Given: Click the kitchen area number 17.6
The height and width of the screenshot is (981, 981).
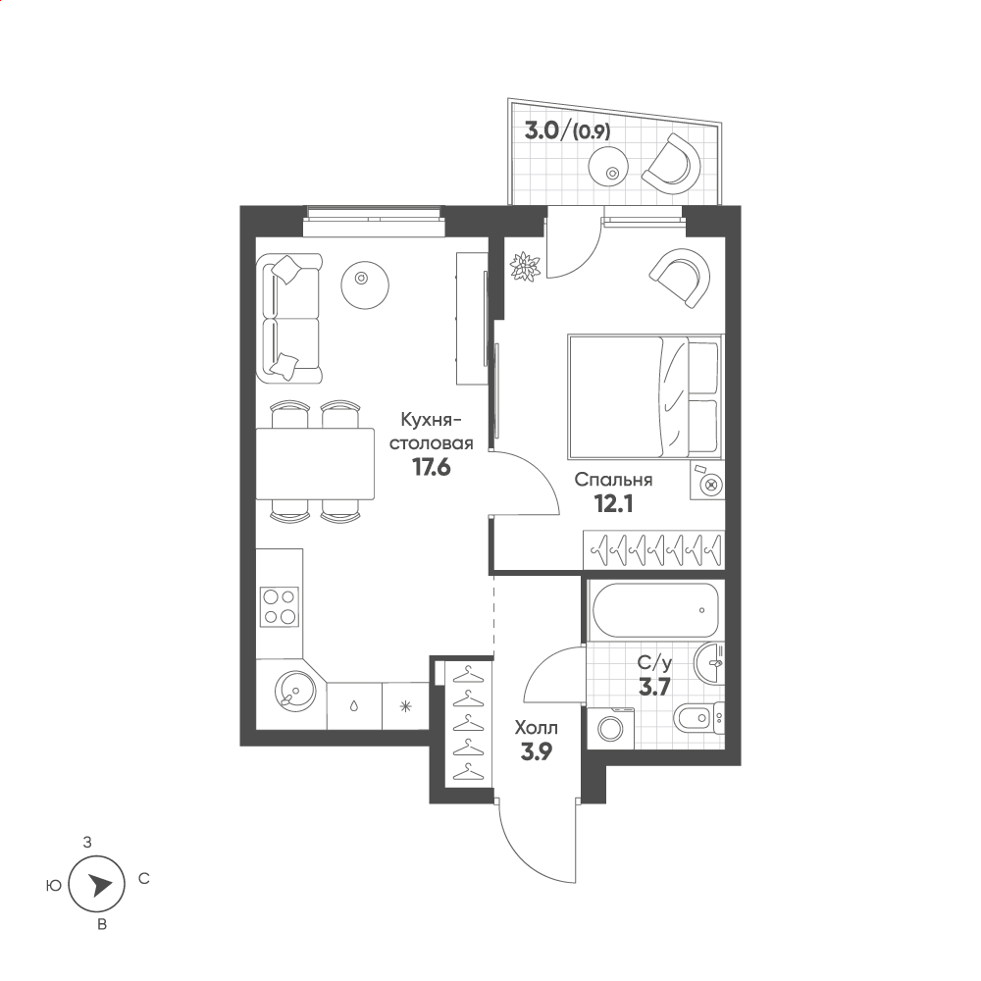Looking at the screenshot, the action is (x=431, y=467).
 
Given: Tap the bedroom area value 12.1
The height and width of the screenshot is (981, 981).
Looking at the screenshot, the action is (x=614, y=503).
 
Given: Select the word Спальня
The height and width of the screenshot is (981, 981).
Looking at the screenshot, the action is (x=613, y=480).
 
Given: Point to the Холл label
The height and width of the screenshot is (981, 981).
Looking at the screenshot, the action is (x=537, y=728).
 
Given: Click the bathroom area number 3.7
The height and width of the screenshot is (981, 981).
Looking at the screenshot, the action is (x=654, y=687).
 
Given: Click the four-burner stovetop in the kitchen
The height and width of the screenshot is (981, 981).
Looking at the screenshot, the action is (x=280, y=607).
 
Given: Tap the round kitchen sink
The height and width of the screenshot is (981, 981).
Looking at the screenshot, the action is (x=294, y=691).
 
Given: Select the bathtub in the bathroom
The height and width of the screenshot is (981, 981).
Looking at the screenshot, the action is (x=655, y=610).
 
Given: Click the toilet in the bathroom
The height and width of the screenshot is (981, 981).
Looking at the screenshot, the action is (x=698, y=718).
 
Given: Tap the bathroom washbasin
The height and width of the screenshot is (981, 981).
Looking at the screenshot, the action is (x=709, y=663).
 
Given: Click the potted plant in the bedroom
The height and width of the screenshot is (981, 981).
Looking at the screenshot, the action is (x=525, y=267).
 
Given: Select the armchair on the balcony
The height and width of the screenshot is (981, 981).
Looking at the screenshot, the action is (x=672, y=164).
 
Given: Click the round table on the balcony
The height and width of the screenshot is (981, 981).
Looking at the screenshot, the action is (x=607, y=165).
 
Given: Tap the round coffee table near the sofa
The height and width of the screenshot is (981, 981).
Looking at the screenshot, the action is (x=365, y=284).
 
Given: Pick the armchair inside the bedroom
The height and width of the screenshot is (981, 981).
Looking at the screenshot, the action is (x=681, y=278).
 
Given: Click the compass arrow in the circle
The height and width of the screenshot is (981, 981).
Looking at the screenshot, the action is (x=99, y=885).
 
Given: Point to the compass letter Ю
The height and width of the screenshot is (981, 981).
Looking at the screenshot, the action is (x=54, y=885).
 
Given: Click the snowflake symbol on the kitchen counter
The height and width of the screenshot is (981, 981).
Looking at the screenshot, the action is (x=406, y=707).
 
